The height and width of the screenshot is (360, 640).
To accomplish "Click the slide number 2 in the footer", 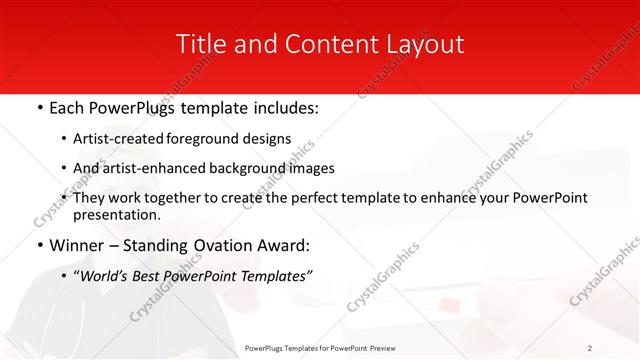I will tap(590, 348).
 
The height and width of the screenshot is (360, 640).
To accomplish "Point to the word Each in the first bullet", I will tap(68, 107).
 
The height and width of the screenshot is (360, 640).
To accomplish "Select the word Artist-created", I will tap(121, 138).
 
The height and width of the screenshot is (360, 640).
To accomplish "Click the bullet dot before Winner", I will tap(39, 246).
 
